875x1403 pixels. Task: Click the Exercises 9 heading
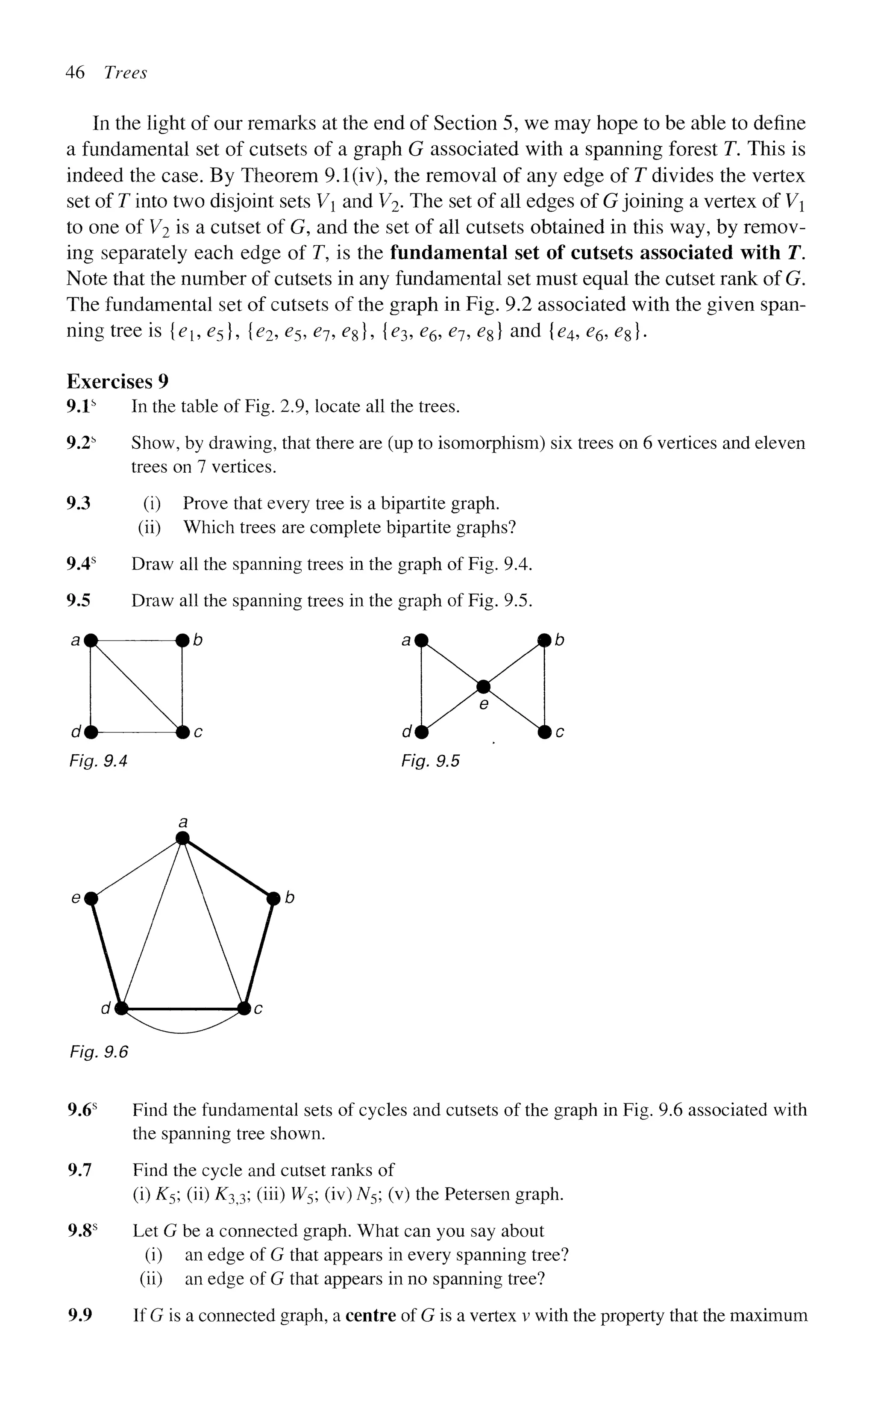point(117,382)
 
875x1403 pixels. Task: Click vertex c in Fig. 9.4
point(182,732)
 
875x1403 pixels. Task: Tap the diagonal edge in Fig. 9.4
point(137,686)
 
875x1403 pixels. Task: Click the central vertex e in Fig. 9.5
point(483,686)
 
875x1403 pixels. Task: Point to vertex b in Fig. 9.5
point(544,640)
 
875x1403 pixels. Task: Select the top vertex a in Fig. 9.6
point(183,838)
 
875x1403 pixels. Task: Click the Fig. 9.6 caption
point(98,1051)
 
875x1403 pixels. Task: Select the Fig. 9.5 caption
point(430,761)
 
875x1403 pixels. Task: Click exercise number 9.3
point(79,503)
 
